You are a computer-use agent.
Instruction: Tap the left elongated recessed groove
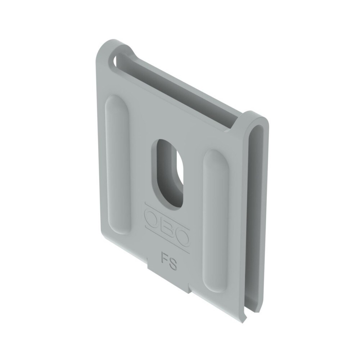[x=118, y=165]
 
